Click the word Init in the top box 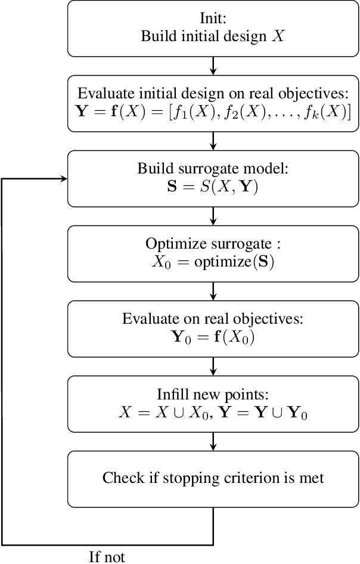tap(213, 19)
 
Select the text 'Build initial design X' tap(213, 36)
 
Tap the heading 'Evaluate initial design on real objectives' tap(213, 94)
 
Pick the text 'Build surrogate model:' tap(213, 169)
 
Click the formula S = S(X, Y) tap(213, 186)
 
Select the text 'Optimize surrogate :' tap(213, 244)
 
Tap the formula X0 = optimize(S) tap(213, 261)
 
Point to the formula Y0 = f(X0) tap(213, 336)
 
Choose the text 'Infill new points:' tap(213, 394)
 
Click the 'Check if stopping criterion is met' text tap(213, 478)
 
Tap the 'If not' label tap(107, 556)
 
